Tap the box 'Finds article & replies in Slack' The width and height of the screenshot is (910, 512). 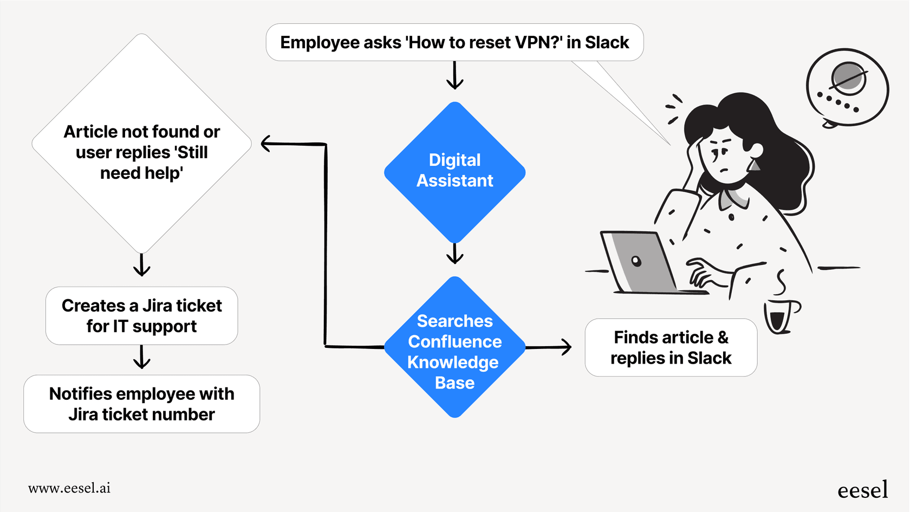point(671,347)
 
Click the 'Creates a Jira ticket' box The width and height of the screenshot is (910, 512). point(141,316)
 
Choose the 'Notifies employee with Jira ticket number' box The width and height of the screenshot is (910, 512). point(141,404)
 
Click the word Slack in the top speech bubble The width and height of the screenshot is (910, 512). point(607,42)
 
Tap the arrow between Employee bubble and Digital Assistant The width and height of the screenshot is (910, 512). point(454,76)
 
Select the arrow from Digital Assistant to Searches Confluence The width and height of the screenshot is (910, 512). point(454,253)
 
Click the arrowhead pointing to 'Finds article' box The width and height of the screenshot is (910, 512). point(567,347)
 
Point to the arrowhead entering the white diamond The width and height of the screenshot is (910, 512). point(266,144)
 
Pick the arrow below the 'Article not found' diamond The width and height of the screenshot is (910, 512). point(142,265)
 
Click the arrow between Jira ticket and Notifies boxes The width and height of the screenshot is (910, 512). point(142,358)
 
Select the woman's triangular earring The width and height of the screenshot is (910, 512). point(754,165)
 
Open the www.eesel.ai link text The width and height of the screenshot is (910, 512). point(69,488)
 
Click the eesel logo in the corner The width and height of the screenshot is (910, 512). point(862,490)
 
